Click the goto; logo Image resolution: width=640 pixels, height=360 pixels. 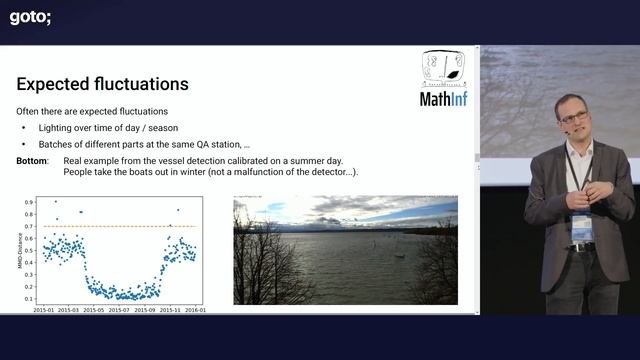[x=30, y=16]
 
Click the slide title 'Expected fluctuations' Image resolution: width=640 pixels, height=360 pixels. [x=102, y=84]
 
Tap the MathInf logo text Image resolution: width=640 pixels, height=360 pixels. [x=442, y=98]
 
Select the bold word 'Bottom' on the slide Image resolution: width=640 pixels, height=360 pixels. [x=33, y=161]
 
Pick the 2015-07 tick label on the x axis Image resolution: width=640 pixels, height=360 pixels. [x=120, y=309]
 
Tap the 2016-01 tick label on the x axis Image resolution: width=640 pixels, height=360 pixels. [x=195, y=309]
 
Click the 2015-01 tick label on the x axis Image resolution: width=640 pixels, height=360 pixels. [x=45, y=309]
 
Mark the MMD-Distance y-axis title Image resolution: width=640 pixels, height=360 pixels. [x=21, y=250]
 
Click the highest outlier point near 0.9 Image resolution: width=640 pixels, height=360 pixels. [x=55, y=201]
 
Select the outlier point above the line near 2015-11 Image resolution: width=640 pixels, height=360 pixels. [x=178, y=210]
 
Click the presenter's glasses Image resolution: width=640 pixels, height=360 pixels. [x=573, y=117]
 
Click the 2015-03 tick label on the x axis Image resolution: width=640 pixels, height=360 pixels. [x=83, y=309]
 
